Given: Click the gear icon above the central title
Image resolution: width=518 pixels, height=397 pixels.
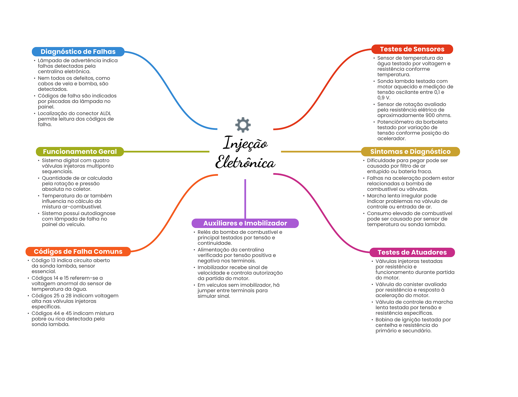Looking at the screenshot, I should point(243,124).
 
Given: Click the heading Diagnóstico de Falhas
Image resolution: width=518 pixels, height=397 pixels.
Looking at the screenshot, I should point(78,52).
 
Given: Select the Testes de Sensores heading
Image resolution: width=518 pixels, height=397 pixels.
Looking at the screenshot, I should point(412,49).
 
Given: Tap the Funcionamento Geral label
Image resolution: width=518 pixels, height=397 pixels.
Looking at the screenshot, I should point(80,152).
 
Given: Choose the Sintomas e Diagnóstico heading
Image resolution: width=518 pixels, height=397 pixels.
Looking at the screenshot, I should point(410,152).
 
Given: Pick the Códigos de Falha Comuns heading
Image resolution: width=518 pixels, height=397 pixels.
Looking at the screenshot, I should point(78,252).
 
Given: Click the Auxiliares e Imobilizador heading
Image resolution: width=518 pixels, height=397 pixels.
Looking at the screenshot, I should point(245,223).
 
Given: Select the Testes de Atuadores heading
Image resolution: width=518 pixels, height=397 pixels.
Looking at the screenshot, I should point(412,252).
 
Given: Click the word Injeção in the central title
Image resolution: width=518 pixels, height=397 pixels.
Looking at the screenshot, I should point(245,143).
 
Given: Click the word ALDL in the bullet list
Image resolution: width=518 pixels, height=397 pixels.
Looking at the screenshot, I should point(105,113).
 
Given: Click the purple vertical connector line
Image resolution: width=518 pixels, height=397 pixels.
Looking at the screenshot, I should point(245,199).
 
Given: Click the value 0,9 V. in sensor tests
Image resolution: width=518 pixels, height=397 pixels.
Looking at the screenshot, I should point(384,98).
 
